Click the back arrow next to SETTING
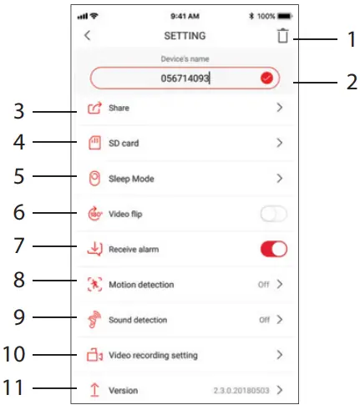(88, 36)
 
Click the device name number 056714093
(185, 78)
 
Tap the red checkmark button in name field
(266, 78)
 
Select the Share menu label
(119, 108)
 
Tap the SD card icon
(94, 143)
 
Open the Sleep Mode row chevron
(280, 178)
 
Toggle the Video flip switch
(272, 214)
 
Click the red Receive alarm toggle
(274, 249)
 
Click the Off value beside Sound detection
(263, 319)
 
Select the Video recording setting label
(153, 355)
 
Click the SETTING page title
(183, 36)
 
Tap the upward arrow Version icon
(94, 390)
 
